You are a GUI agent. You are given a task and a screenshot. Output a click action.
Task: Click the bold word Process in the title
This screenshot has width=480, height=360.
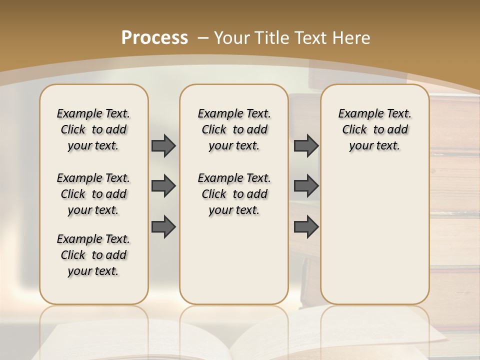[x=154, y=38]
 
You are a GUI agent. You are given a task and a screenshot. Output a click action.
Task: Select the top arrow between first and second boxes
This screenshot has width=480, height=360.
[x=163, y=145]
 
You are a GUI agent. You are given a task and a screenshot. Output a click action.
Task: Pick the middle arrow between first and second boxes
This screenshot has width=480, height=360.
[x=163, y=186]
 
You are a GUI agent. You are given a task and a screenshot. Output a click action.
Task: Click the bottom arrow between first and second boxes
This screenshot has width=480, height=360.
[x=163, y=226]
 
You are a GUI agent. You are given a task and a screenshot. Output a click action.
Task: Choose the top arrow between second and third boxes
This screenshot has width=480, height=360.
[x=306, y=145]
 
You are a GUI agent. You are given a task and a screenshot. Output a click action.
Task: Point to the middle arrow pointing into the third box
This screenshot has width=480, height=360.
[x=306, y=186]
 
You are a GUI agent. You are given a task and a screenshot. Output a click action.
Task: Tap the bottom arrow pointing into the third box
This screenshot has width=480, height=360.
[x=306, y=226]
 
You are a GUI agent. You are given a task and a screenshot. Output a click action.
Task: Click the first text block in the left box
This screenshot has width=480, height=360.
[x=93, y=129]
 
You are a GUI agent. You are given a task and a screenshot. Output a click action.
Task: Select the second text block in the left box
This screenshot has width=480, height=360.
[x=93, y=194]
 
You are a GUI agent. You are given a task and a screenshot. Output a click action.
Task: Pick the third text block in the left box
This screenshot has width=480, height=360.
[x=93, y=255]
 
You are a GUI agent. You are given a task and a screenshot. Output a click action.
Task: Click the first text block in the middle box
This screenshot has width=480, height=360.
[x=234, y=129]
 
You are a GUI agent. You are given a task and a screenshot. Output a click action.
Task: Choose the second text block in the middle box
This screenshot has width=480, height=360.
[x=234, y=194]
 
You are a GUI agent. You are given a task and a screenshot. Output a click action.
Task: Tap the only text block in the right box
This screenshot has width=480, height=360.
[x=374, y=129]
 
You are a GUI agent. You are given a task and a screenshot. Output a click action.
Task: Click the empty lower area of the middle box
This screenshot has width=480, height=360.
[x=234, y=260]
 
